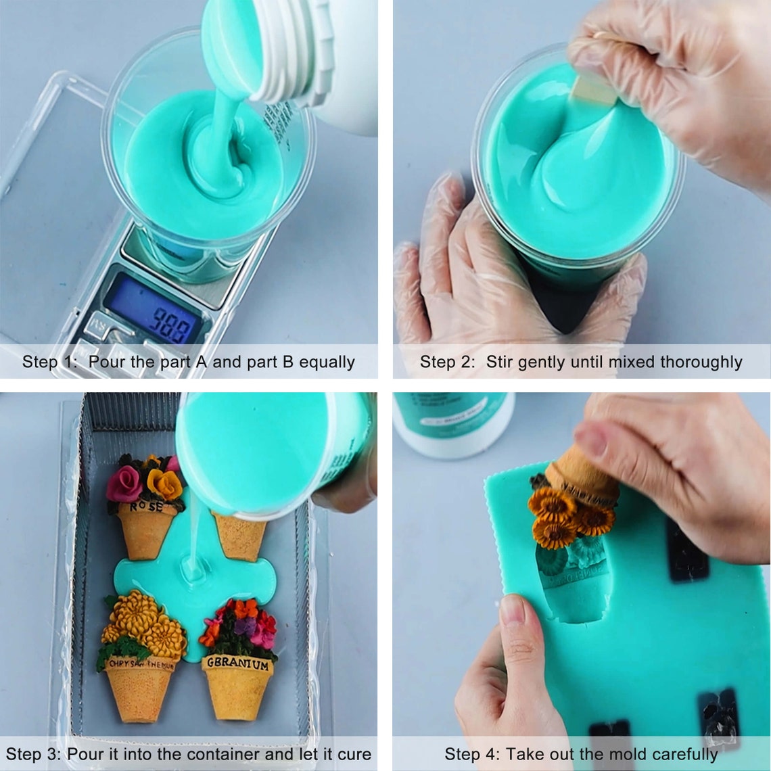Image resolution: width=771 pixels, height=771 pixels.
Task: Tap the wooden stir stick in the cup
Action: coord(592,90)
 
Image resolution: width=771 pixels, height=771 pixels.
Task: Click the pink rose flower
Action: coord(124,483)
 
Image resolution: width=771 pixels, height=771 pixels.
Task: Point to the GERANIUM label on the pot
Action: coord(237,664)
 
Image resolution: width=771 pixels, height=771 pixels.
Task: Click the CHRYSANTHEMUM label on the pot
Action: coord(141,665)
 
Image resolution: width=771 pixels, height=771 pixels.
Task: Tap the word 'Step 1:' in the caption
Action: coord(49,362)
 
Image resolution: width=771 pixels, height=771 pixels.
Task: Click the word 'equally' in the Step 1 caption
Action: coord(327,362)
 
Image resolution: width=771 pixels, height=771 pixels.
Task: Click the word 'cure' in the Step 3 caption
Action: coord(353,754)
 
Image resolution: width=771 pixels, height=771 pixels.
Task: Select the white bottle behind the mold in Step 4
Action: coord(453,423)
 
